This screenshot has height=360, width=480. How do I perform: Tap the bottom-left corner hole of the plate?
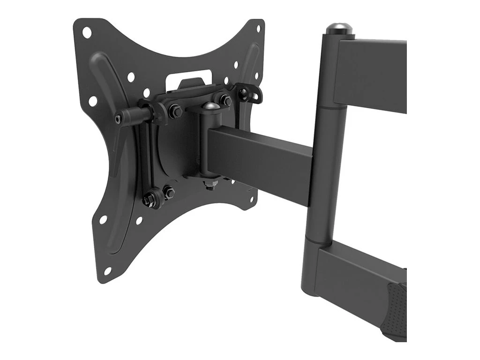click(x=107, y=270)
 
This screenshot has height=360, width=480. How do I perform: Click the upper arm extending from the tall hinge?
click(x=375, y=75)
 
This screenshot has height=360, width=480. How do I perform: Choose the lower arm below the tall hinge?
click(x=356, y=272)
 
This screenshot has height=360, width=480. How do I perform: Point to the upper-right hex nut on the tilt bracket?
click(x=225, y=100)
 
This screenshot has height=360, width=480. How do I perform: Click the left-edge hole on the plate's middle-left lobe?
click(x=93, y=100)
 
